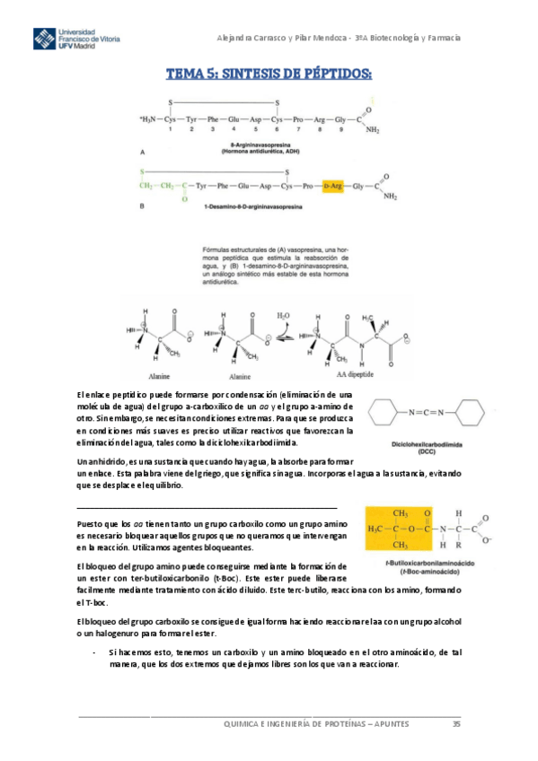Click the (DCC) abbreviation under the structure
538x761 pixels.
tap(427, 451)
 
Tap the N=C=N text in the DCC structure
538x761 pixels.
tap(427, 413)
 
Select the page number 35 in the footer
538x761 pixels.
tap(456, 723)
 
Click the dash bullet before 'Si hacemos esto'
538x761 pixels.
tap(95, 652)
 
